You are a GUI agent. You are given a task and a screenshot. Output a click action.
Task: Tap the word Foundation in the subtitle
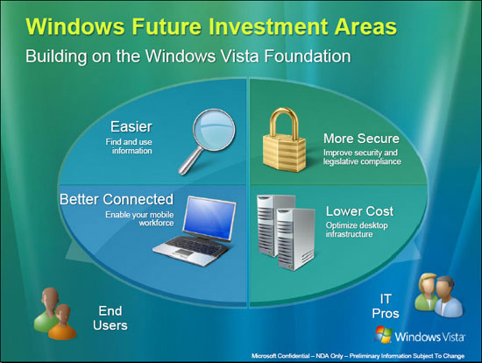[308, 56]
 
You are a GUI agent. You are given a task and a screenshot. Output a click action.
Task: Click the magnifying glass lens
[214, 130]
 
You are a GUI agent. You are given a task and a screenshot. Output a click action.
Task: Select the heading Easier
[131, 127]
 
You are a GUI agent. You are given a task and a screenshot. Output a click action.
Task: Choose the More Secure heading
[361, 139]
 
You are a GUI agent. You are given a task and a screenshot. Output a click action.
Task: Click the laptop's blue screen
[209, 217]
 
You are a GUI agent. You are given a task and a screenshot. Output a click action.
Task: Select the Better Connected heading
[117, 199]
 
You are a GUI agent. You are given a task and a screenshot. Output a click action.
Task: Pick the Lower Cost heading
[359, 211]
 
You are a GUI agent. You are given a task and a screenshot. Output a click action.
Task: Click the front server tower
[295, 238]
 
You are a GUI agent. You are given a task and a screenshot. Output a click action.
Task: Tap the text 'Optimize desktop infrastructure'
[357, 230]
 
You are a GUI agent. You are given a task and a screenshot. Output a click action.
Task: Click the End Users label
[110, 318]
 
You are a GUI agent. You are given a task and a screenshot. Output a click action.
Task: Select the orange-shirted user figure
[62, 322]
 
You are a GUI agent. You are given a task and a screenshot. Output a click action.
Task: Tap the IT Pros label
[386, 306]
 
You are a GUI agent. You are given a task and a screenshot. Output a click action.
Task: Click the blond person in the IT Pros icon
[427, 291]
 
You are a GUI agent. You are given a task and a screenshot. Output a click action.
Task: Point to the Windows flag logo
[383, 334]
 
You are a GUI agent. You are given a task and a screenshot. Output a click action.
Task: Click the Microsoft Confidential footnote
[358, 356]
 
